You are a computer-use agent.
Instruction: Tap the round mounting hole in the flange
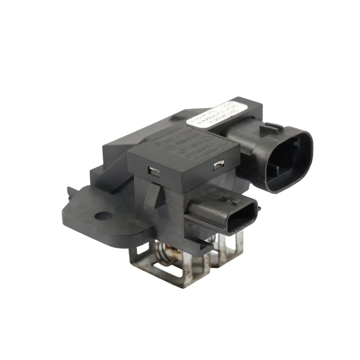[x=103, y=216]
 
